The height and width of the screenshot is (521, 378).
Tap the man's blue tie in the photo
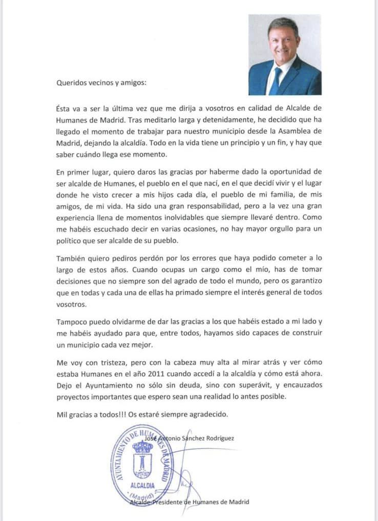click(x=275, y=82)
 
